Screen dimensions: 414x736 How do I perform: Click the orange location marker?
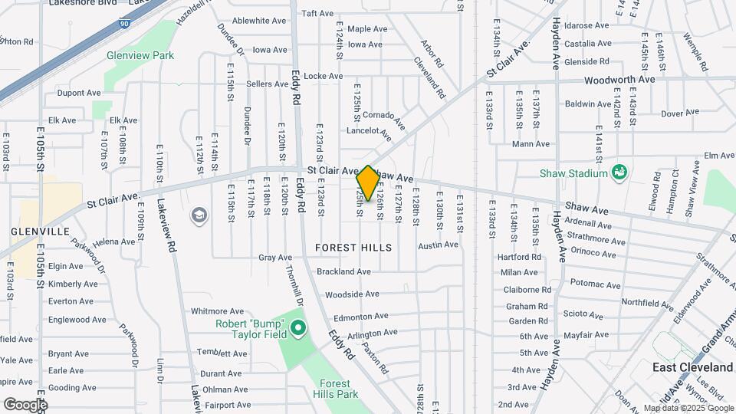coord(368,183)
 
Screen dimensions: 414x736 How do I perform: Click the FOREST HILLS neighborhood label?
coord(353,248)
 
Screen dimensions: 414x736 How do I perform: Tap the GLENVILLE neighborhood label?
coord(41,231)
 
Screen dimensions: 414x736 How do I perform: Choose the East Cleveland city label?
coord(685,367)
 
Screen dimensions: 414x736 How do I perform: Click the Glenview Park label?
coord(140,55)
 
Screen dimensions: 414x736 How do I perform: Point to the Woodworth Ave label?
coord(619,79)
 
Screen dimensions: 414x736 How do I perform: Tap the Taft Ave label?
coord(317,13)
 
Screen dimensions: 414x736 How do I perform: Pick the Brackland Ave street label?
coord(343,271)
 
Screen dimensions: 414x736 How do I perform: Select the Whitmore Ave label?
coord(217,311)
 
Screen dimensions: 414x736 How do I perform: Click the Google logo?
coord(25,404)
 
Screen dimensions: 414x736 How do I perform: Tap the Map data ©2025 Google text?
coord(688,408)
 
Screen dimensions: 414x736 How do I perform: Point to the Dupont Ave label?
coord(79,93)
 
